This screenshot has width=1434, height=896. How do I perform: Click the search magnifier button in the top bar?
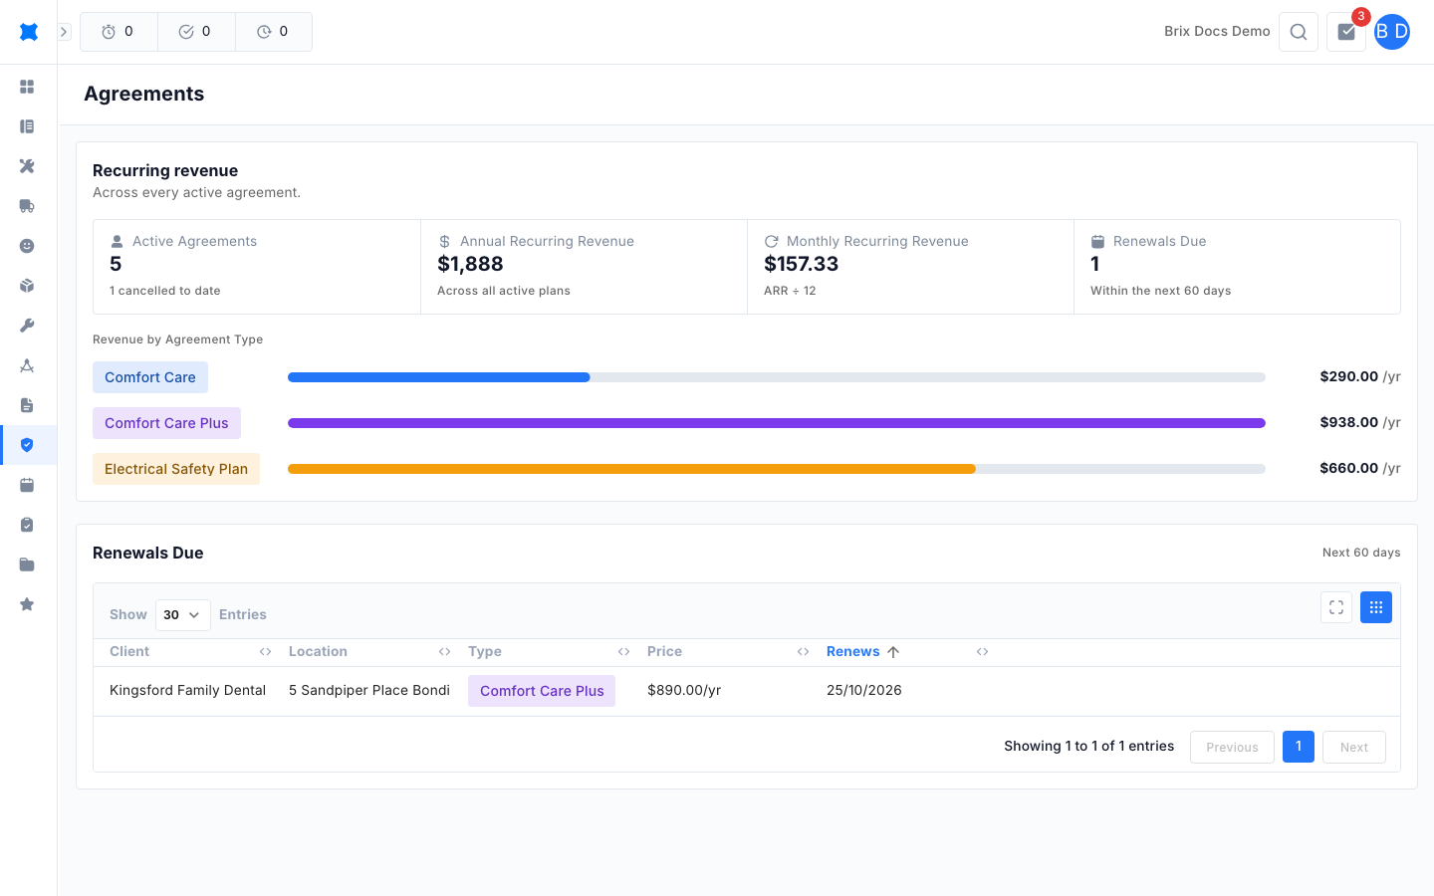pyautogui.click(x=1299, y=32)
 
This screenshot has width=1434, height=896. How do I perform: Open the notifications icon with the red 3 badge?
pyautogui.click(x=1346, y=32)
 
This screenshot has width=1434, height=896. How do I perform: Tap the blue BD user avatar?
pyautogui.click(x=1392, y=32)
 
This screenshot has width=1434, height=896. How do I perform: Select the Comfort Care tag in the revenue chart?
pyautogui.click(x=149, y=377)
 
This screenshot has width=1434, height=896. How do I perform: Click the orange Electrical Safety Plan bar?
pyautogui.click(x=631, y=469)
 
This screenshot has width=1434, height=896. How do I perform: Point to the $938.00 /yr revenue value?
pyautogui.click(x=1359, y=422)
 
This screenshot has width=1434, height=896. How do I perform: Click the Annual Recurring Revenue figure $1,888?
pyautogui.click(x=470, y=264)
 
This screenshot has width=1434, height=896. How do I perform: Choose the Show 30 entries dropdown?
pyautogui.click(x=182, y=615)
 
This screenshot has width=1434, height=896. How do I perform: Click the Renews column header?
pyautogui.click(x=852, y=651)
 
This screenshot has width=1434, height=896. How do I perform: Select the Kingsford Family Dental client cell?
pyautogui.click(x=187, y=690)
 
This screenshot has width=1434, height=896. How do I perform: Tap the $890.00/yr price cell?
pyautogui.click(x=684, y=690)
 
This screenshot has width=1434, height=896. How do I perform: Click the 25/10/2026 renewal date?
pyautogui.click(x=863, y=690)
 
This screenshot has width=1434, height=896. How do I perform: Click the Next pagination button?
pyautogui.click(x=1354, y=747)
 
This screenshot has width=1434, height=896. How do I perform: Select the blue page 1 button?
pyautogui.click(x=1299, y=747)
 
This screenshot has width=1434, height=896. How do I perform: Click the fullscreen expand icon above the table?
pyautogui.click(x=1336, y=607)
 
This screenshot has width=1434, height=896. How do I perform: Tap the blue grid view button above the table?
pyautogui.click(x=1376, y=607)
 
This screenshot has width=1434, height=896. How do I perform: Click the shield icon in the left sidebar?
pyautogui.click(x=27, y=445)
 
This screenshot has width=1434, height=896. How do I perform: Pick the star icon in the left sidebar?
pyautogui.click(x=27, y=604)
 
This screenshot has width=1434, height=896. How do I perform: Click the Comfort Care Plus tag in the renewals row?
pyautogui.click(x=542, y=691)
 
